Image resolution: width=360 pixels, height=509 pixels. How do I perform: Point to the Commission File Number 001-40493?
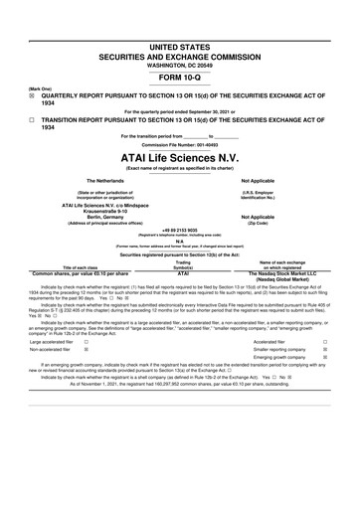pos(180,143)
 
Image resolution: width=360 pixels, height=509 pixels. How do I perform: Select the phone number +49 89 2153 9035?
pos(180,227)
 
